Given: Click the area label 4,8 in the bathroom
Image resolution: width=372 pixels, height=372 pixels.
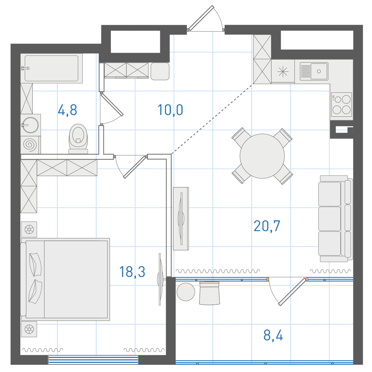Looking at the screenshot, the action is pos(68,110).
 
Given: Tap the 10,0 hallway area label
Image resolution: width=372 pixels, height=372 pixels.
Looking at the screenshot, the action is pos(170,110).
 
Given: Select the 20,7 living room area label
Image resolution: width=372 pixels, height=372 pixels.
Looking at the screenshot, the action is pos(267,226).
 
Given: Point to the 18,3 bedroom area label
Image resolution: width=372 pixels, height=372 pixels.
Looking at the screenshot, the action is pos(132,272).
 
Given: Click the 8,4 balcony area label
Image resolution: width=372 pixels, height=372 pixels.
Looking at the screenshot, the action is pos(273,335).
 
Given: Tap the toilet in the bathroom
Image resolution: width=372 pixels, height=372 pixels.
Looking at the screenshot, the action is pos(78,139).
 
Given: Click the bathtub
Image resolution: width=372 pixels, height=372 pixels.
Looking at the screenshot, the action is pos(51,68).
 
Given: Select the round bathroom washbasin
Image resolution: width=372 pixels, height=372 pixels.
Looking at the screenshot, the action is pos(30,125).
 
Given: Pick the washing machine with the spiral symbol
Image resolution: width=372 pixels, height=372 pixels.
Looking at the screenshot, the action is pos(30,145).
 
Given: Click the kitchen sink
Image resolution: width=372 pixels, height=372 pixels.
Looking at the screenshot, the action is pos(314,71).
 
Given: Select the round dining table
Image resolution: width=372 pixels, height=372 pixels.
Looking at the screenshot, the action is pos(262,156).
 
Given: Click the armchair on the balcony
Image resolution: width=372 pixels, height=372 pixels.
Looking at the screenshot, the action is pos(209,293).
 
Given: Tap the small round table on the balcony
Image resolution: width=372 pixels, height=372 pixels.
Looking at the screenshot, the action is pos(186,292).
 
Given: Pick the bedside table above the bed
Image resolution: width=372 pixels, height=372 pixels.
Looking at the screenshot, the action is pos(29,229).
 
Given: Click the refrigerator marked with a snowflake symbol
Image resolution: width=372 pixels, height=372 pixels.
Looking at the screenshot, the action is pos(283,71).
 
